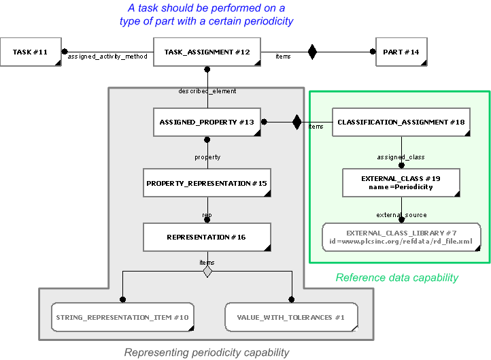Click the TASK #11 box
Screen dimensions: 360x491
[x=31, y=52]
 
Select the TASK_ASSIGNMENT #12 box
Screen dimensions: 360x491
[x=207, y=52]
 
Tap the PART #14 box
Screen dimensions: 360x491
[x=402, y=52]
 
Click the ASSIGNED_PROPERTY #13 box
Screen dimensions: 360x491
[x=207, y=122]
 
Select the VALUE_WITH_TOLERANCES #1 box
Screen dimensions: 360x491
[x=291, y=317]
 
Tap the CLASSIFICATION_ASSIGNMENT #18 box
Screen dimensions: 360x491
[x=401, y=122]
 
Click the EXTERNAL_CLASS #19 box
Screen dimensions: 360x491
[x=401, y=182]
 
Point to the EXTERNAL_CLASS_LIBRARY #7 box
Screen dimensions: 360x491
[x=401, y=237]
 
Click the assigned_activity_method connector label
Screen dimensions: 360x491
[x=107, y=56]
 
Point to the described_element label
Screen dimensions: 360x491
[x=207, y=91]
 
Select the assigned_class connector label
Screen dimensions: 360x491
[x=401, y=157]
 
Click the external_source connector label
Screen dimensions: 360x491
[x=401, y=215]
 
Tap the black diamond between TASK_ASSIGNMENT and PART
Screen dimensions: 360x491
[x=312, y=51]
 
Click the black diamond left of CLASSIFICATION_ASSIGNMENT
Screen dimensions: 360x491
[x=297, y=122]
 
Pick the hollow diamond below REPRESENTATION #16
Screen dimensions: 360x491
[x=207, y=272]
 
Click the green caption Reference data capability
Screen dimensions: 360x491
[x=397, y=277]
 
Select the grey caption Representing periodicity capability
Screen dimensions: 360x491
[x=207, y=352]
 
